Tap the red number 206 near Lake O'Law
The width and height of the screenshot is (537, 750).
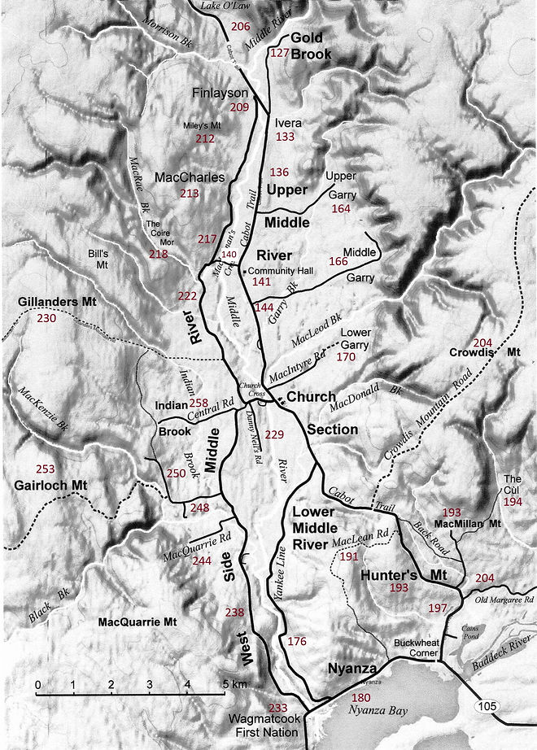coord(240,27)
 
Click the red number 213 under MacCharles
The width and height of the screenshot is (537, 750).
coord(189,194)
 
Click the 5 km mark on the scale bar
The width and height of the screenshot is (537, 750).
coord(225,684)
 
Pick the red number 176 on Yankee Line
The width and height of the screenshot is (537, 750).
coord(297,642)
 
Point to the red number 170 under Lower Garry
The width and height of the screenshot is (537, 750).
coord(346,356)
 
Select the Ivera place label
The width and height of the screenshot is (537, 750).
coord(288,122)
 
